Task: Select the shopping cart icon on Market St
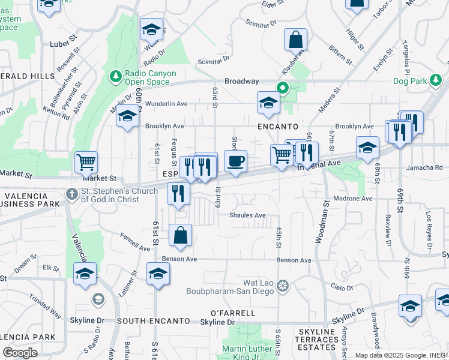pyautogui.click(x=86, y=161)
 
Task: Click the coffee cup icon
pyautogui.click(x=235, y=161)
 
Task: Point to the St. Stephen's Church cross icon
pyautogui.click(x=71, y=194)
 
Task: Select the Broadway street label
pyautogui.click(x=241, y=81)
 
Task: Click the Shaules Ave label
pyautogui.click(x=247, y=215)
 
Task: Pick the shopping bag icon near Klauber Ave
pyautogui.click(x=296, y=40)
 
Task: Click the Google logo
pyautogui.click(x=20, y=353)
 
